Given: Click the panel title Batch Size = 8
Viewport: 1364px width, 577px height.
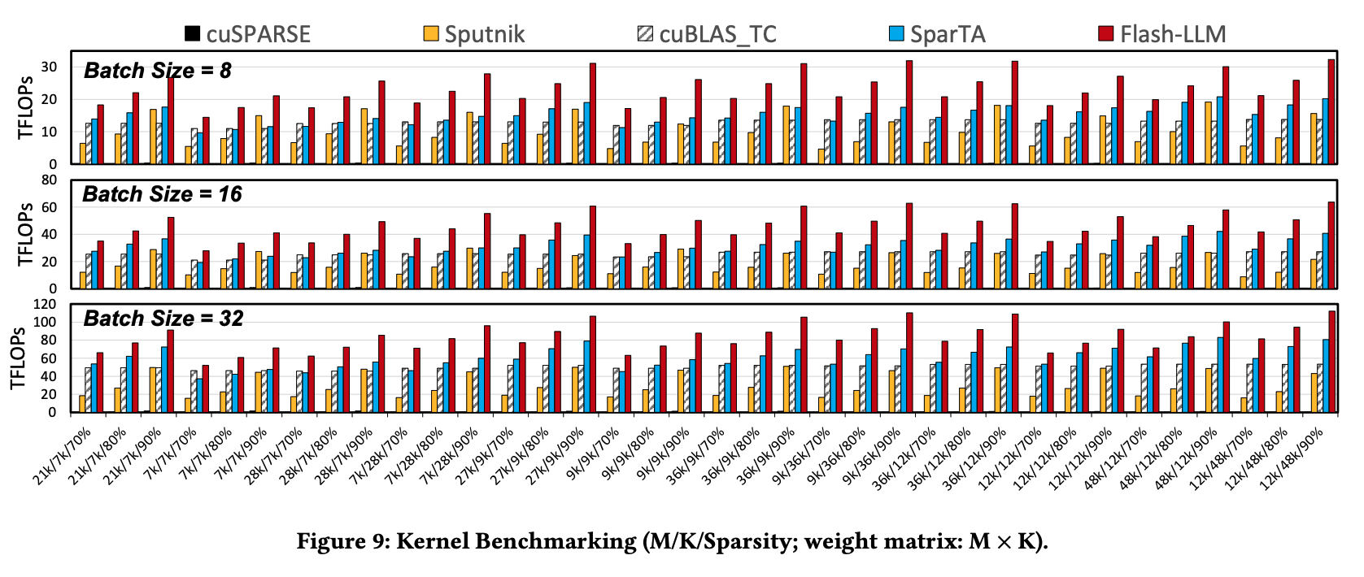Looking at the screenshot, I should [x=158, y=71].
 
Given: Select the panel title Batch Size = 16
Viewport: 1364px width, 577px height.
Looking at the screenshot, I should [x=162, y=194].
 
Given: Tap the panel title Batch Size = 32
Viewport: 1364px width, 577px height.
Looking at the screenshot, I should [x=163, y=319].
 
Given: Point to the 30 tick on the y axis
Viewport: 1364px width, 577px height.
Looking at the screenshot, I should [x=49, y=67].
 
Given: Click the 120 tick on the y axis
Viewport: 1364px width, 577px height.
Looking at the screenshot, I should [x=45, y=305].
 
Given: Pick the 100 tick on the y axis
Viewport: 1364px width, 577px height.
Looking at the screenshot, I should [x=45, y=323].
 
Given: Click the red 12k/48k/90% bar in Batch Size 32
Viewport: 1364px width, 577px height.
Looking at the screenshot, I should [x=1332, y=362].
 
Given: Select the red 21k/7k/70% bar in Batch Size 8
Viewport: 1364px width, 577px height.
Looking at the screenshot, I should [x=100, y=134].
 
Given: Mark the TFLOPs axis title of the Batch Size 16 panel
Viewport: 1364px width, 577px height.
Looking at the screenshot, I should [x=26, y=234].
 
